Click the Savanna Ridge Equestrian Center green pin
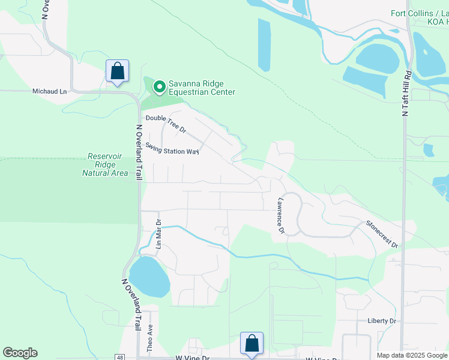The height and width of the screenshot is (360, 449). pyautogui.click(x=159, y=88)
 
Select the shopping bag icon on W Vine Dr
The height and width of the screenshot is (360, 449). pyautogui.click(x=252, y=343)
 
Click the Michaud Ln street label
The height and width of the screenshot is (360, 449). pyautogui.click(x=49, y=91)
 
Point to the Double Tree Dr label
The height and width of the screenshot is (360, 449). pyautogui.click(x=166, y=124)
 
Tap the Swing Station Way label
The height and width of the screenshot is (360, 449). pyautogui.click(x=172, y=148)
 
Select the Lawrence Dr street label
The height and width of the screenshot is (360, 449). pyautogui.click(x=280, y=216)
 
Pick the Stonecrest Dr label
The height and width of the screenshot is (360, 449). pyautogui.click(x=382, y=234)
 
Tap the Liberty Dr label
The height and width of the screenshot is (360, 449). pyautogui.click(x=382, y=321)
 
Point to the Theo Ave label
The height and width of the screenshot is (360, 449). pyautogui.click(x=150, y=338)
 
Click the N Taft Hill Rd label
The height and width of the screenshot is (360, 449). pyautogui.click(x=406, y=93)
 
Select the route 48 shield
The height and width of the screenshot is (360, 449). pyautogui.click(x=120, y=357)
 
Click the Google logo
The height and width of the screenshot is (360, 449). pyautogui.click(x=20, y=353)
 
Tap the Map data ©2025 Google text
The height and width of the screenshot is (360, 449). pyautogui.click(x=412, y=355)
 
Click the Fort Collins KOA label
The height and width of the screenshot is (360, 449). pyautogui.click(x=419, y=17)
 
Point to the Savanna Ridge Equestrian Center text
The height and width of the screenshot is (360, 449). pyautogui.click(x=202, y=88)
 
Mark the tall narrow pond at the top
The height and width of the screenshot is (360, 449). pyautogui.click(x=264, y=45)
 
